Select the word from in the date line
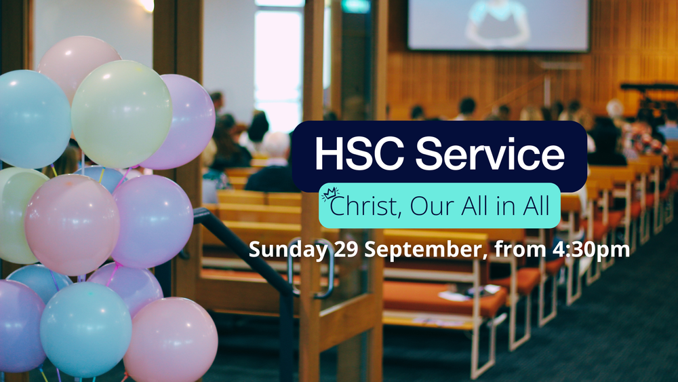click(517, 249)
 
